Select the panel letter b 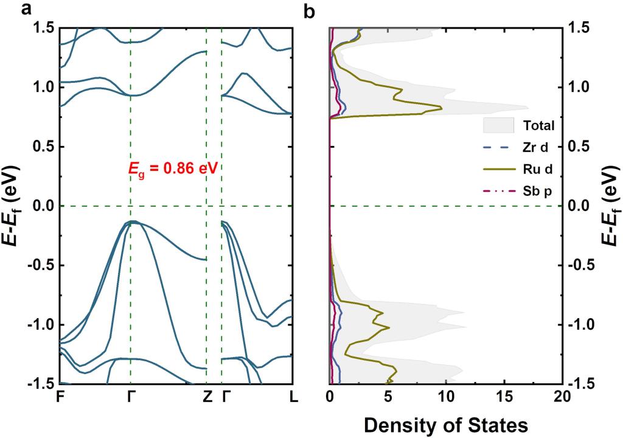click(309, 10)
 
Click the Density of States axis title click(445, 423)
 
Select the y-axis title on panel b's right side click(610, 206)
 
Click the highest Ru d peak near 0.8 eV click(441, 108)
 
